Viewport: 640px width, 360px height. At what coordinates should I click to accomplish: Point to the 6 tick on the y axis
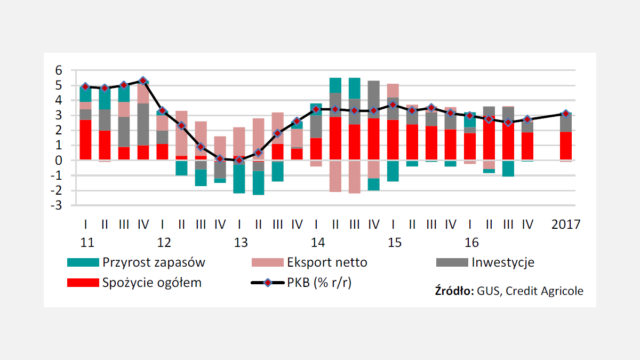[59, 70]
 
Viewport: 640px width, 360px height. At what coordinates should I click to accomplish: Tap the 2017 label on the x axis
[566, 225]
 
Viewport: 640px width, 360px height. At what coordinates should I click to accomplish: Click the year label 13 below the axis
[241, 243]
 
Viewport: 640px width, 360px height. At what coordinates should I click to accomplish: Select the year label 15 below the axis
[395, 243]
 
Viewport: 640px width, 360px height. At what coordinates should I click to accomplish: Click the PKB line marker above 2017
[566, 114]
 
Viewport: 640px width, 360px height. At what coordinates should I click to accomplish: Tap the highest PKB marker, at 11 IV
[143, 81]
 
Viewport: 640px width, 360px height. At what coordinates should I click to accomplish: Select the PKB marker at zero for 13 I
[239, 160]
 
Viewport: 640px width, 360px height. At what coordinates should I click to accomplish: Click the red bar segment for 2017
[566, 146]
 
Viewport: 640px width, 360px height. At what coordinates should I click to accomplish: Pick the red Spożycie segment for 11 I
[85, 140]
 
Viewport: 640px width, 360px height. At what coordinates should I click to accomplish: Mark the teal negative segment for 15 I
[393, 171]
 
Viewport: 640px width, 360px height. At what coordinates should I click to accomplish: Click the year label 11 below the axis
[87, 243]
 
